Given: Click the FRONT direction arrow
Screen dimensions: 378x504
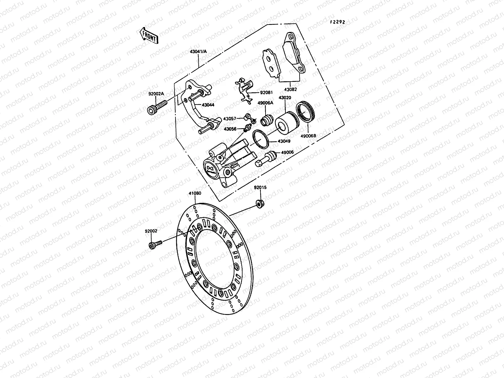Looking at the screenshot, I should [148, 35].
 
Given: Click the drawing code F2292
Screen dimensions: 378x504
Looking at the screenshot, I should [337, 22].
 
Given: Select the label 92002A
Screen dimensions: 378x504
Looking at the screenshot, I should [157, 94].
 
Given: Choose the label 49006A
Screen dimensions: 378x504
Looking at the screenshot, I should [265, 103].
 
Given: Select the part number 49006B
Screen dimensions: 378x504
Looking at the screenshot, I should [308, 136].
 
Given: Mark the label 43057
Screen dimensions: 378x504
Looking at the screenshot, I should [230, 118].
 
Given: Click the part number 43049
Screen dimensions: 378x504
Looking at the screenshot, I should [284, 141].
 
